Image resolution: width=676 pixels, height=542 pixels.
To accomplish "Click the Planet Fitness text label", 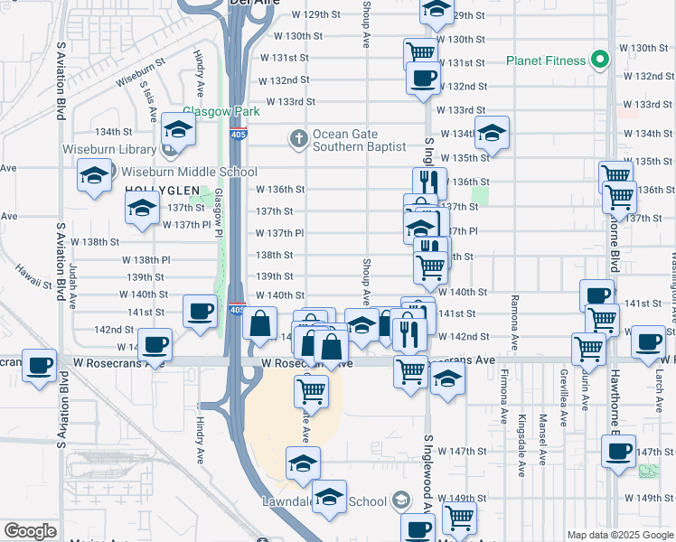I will (x=545, y=61).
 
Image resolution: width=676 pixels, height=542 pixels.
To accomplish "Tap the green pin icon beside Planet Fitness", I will (x=598, y=61).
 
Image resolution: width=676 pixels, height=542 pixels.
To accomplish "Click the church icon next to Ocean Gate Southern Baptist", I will (x=299, y=138).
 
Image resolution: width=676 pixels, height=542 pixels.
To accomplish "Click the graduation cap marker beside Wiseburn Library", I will (x=179, y=134).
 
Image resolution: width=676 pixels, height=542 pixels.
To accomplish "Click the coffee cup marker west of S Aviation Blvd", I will (x=40, y=366).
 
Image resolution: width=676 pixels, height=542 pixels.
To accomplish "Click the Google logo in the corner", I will (x=30, y=531).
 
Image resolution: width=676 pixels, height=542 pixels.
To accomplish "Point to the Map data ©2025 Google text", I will (x=619, y=535).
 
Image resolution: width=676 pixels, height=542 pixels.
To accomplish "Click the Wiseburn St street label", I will (x=140, y=71).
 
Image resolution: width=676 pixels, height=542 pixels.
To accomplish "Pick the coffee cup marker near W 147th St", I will (x=618, y=451).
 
